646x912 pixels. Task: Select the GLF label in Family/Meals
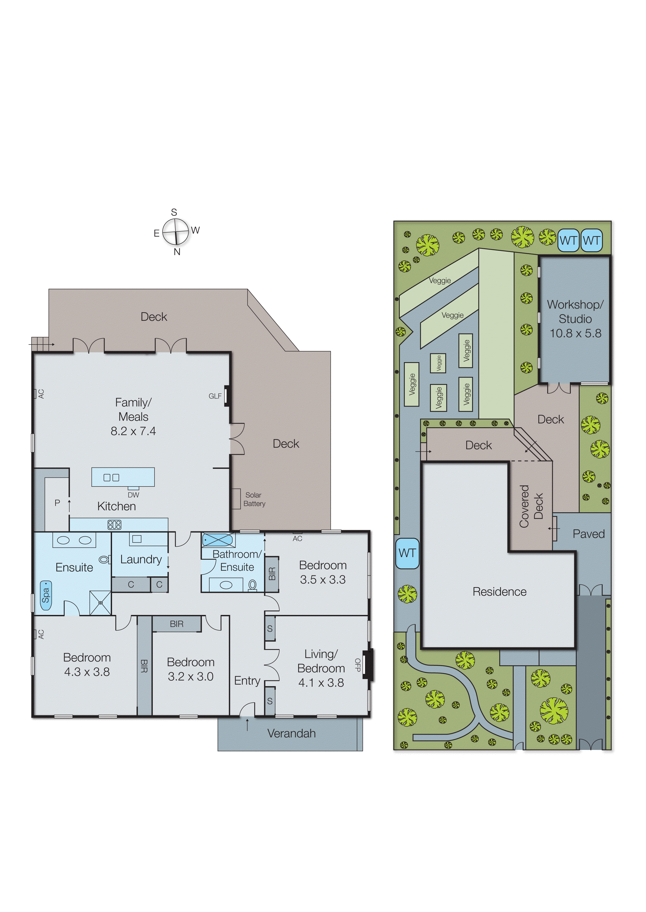[x=215, y=396]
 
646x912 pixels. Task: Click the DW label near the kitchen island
[x=133, y=495]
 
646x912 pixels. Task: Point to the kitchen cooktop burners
[x=114, y=525]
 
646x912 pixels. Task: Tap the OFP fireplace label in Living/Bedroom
[x=357, y=665]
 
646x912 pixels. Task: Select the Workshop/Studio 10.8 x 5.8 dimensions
[x=575, y=333]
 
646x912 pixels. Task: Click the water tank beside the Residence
[x=407, y=553]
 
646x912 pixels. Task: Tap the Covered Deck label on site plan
[x=531, y=506]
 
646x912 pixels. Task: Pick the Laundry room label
[x=141, y=560]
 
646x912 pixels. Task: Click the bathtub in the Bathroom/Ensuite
[x=218, y=540]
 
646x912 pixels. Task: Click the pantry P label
[x=57, y=503]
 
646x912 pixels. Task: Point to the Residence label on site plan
[x=499, y=592]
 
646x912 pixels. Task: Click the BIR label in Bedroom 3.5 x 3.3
[x=272, y=574]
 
